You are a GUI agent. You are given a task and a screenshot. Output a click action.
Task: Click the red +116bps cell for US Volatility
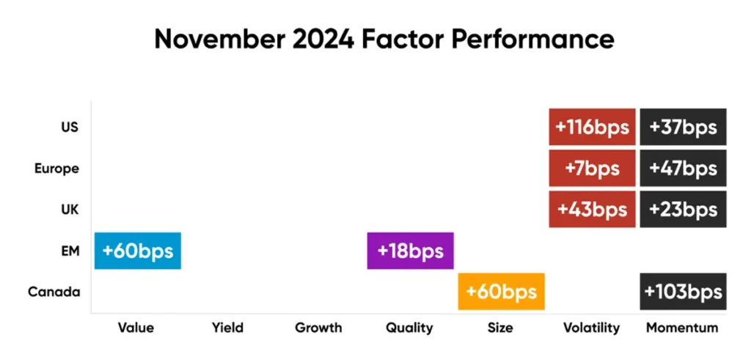coord(592,127)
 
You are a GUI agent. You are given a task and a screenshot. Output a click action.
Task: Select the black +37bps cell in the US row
coord(683,127)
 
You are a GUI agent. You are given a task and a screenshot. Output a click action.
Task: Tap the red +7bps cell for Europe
coord(592,168)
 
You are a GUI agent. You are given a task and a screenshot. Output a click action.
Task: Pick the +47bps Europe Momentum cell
coord(683,168)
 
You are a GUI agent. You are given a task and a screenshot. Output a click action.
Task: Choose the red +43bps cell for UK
coord(592,209)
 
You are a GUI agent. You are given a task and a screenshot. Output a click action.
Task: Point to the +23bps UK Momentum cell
coord(683,209)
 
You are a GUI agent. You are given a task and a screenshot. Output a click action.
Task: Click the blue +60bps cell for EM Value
coord(137,251)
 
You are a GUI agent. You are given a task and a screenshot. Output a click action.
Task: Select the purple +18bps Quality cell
coord(411,251)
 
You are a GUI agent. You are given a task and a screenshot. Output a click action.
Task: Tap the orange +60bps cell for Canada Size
coord(501,292)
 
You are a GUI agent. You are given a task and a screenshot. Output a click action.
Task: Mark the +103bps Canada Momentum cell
coord(683,292)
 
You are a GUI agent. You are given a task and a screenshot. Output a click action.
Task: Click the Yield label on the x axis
coord(227,328)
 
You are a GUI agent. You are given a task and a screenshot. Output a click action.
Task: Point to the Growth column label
coord(318,328)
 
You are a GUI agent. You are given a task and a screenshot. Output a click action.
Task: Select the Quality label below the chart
coord(409,328)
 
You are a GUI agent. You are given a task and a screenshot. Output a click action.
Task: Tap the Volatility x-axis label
coord(592,328)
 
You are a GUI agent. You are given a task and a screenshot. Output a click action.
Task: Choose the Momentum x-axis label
coord(683,328)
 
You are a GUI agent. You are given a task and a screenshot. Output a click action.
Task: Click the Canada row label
coord(54,292)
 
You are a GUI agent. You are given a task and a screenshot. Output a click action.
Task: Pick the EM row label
coord(70,251)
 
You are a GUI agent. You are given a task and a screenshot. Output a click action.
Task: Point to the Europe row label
coord(56,169)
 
